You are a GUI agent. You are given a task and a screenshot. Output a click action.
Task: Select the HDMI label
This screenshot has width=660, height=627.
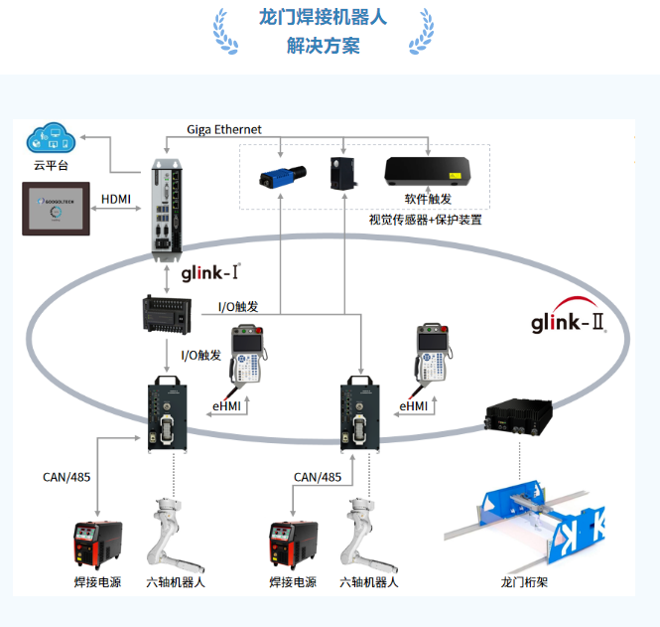(116, 200)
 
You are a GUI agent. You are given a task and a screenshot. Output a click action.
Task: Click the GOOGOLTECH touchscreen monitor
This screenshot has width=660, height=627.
(56, 209)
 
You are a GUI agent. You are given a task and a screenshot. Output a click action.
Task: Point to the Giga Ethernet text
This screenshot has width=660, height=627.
(226, 130)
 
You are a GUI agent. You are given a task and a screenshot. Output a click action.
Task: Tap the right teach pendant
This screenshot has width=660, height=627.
(434, 354)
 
